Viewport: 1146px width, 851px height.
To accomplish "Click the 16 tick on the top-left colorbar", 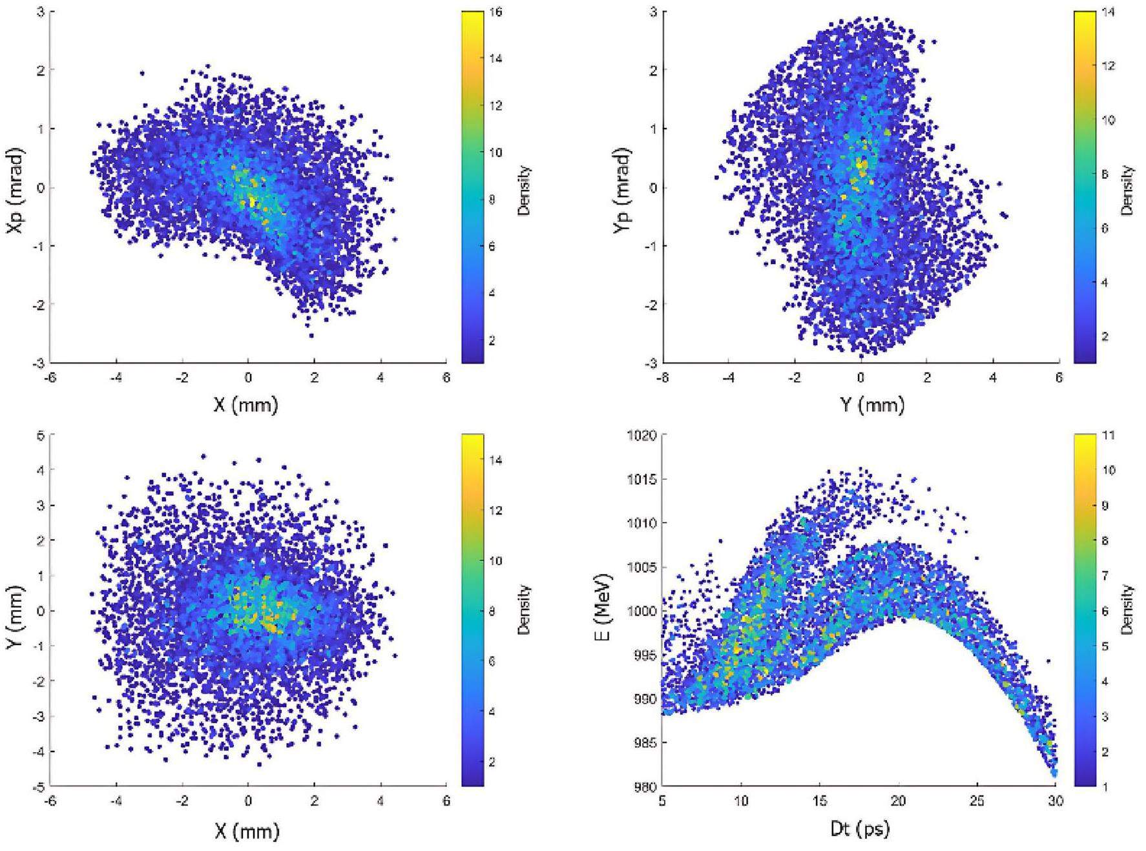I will [499, 12].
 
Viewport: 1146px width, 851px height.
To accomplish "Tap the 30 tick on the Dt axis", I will [1055, 802].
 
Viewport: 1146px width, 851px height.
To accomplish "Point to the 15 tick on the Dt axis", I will [819, 802].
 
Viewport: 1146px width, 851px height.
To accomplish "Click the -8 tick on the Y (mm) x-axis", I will [661, 378].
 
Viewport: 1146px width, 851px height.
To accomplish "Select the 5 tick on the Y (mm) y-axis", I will [40, 436].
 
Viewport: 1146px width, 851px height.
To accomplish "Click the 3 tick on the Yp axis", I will [653, 12].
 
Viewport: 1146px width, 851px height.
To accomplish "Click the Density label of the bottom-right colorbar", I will [1129, 610].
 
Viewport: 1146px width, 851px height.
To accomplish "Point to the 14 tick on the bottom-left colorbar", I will [499, 460].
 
